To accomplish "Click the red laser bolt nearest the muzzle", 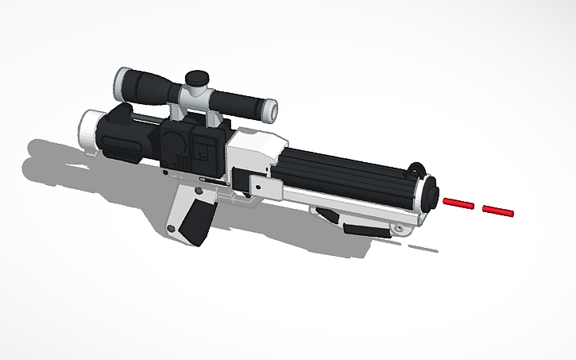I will [x=459, y=204].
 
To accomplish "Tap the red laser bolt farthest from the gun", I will [x=498, y=211].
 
